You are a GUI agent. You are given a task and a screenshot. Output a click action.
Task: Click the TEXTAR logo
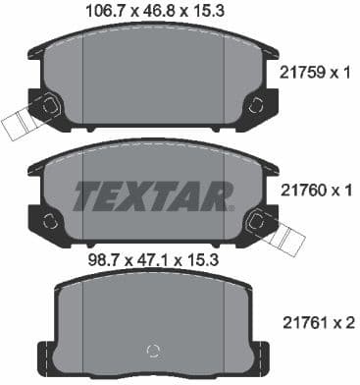150,194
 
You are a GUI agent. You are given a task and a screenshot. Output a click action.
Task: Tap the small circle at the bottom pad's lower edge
150,353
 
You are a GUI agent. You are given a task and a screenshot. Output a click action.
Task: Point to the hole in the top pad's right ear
257,105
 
